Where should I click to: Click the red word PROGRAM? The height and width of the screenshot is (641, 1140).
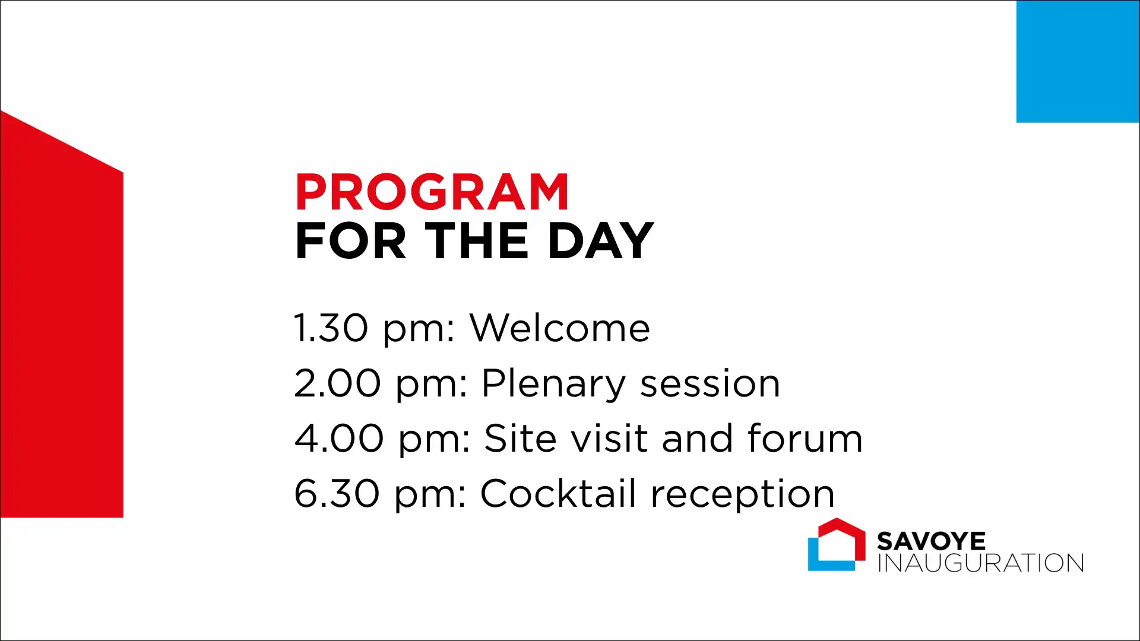[x=432, y=192]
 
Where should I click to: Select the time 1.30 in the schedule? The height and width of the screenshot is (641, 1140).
[x=331, y=328]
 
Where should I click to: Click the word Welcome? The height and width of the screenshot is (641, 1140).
[x=560, y=328]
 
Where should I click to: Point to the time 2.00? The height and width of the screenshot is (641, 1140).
[x=337, y=383]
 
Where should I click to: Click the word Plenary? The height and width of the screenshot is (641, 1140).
[x=553, y=384]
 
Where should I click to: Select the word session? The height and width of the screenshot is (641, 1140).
[x=710, y=384]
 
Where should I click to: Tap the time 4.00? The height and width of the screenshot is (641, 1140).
[x=339, y=438]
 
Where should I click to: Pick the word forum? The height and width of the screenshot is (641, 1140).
[x=805, y=438]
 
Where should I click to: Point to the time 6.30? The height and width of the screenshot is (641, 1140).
[x=337, y=493]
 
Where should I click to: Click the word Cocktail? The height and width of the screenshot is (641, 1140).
[x=558, y=493]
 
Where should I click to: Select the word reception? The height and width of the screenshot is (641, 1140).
[x=743, y=494]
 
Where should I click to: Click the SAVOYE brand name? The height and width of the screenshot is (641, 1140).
[x=931, y=541]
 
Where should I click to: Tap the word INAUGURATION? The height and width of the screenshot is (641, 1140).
[x=981, y=563]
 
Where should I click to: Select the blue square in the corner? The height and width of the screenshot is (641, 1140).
[x=1078, y=61]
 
